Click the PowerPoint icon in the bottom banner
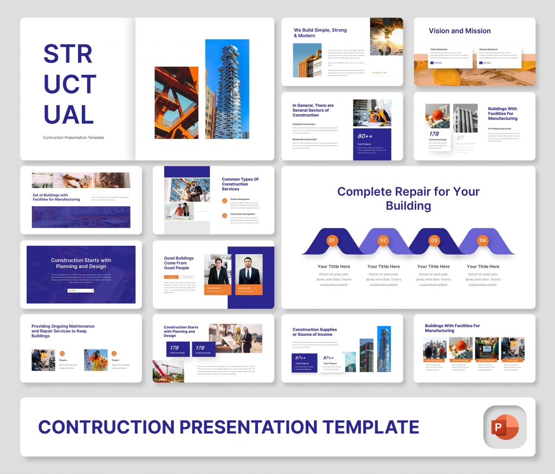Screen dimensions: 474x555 coord(505,426)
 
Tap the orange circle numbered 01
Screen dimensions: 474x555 coord(332,240)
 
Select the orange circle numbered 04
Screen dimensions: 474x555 coord(482,240)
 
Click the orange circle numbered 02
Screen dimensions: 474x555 coord(383,240)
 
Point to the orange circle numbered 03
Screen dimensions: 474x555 coord(434,240)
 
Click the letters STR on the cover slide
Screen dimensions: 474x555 coord(68,54)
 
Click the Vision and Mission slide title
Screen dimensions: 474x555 coord(460,31)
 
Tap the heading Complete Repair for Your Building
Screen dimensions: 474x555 coord(408,198)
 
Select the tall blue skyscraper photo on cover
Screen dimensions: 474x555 coord(227,89)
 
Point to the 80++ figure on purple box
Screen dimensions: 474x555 coord(365,136)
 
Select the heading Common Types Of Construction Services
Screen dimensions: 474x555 coord(240,184)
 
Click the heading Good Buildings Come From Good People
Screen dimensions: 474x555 coord(179,263)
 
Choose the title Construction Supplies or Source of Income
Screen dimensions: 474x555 coord(314,332)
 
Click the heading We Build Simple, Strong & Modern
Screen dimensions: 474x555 coord(320,33)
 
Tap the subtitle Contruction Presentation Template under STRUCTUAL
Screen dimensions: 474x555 coord(73,138)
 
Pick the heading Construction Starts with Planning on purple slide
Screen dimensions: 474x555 coord(81,263)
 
